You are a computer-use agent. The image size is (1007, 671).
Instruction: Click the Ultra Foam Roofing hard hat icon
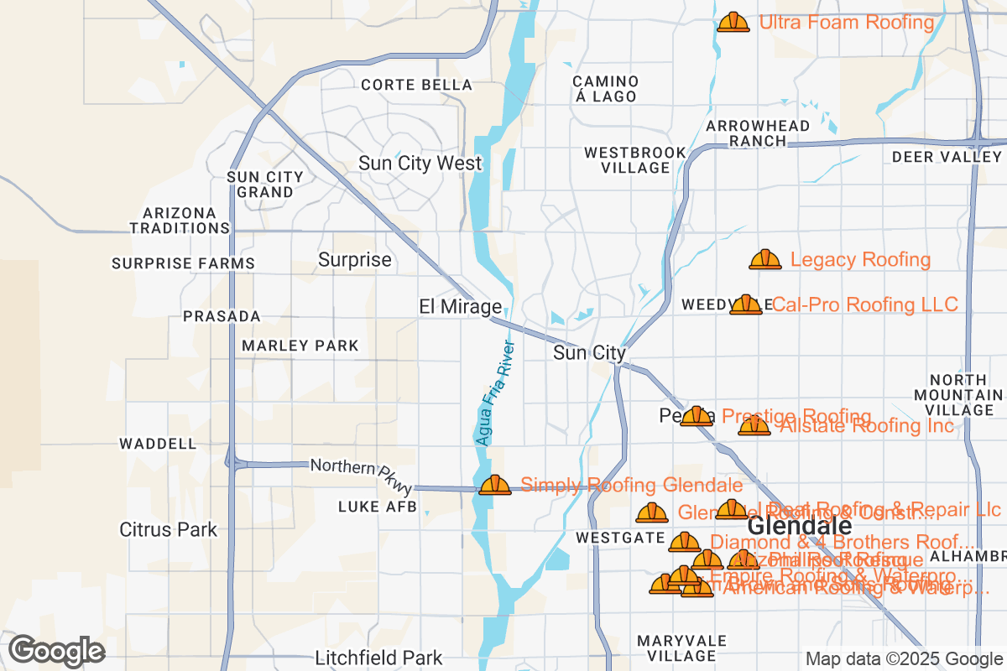733,22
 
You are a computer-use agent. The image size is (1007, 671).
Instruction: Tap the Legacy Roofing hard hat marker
764,260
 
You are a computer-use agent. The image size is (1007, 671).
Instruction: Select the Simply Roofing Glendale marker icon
494,485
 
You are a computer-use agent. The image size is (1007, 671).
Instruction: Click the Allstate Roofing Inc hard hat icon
754,426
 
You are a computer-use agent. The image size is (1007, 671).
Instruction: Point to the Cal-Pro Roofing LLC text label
864,304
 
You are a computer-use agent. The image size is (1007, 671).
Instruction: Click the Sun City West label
420,164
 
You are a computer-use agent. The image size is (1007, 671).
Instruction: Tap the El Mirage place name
460,307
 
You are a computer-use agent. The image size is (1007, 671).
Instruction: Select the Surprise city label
354,260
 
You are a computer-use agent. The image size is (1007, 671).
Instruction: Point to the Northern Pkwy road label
361,476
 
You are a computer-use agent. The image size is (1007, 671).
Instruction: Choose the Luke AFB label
377,507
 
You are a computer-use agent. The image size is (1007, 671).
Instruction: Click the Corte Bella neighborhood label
416,85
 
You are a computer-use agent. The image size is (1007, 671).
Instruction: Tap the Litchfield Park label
378,658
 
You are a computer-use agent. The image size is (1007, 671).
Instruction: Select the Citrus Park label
168,530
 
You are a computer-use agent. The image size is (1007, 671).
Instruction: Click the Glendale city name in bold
799,526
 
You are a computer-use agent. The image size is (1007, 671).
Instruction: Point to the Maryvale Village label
681,648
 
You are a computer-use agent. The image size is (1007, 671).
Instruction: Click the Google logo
56,650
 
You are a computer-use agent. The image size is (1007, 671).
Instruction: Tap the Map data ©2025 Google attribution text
904,658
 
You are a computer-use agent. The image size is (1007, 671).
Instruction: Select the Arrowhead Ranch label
758,133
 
